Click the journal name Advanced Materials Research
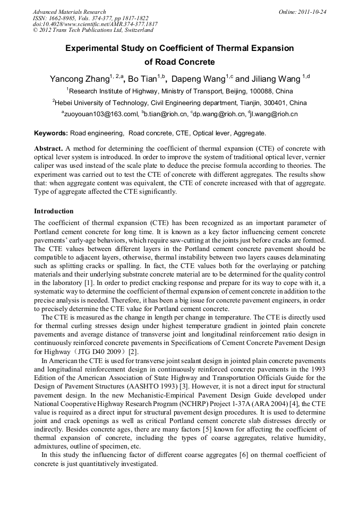click(x=70, y=11)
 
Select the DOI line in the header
click(x=95, y=24)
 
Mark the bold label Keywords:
click(x=51, y=133)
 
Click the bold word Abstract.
click(x=49, y=149)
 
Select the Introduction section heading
click(x=54, y=211)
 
